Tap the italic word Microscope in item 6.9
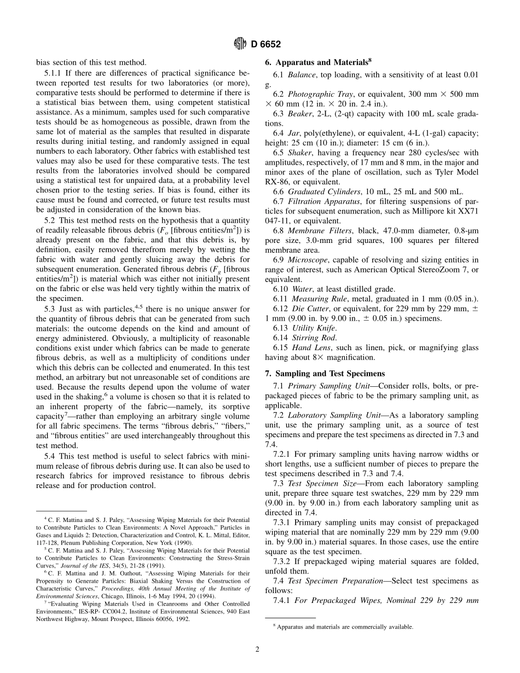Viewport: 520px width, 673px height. click(x=307, y=259)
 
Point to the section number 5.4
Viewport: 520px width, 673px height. click(x=50, y=456)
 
